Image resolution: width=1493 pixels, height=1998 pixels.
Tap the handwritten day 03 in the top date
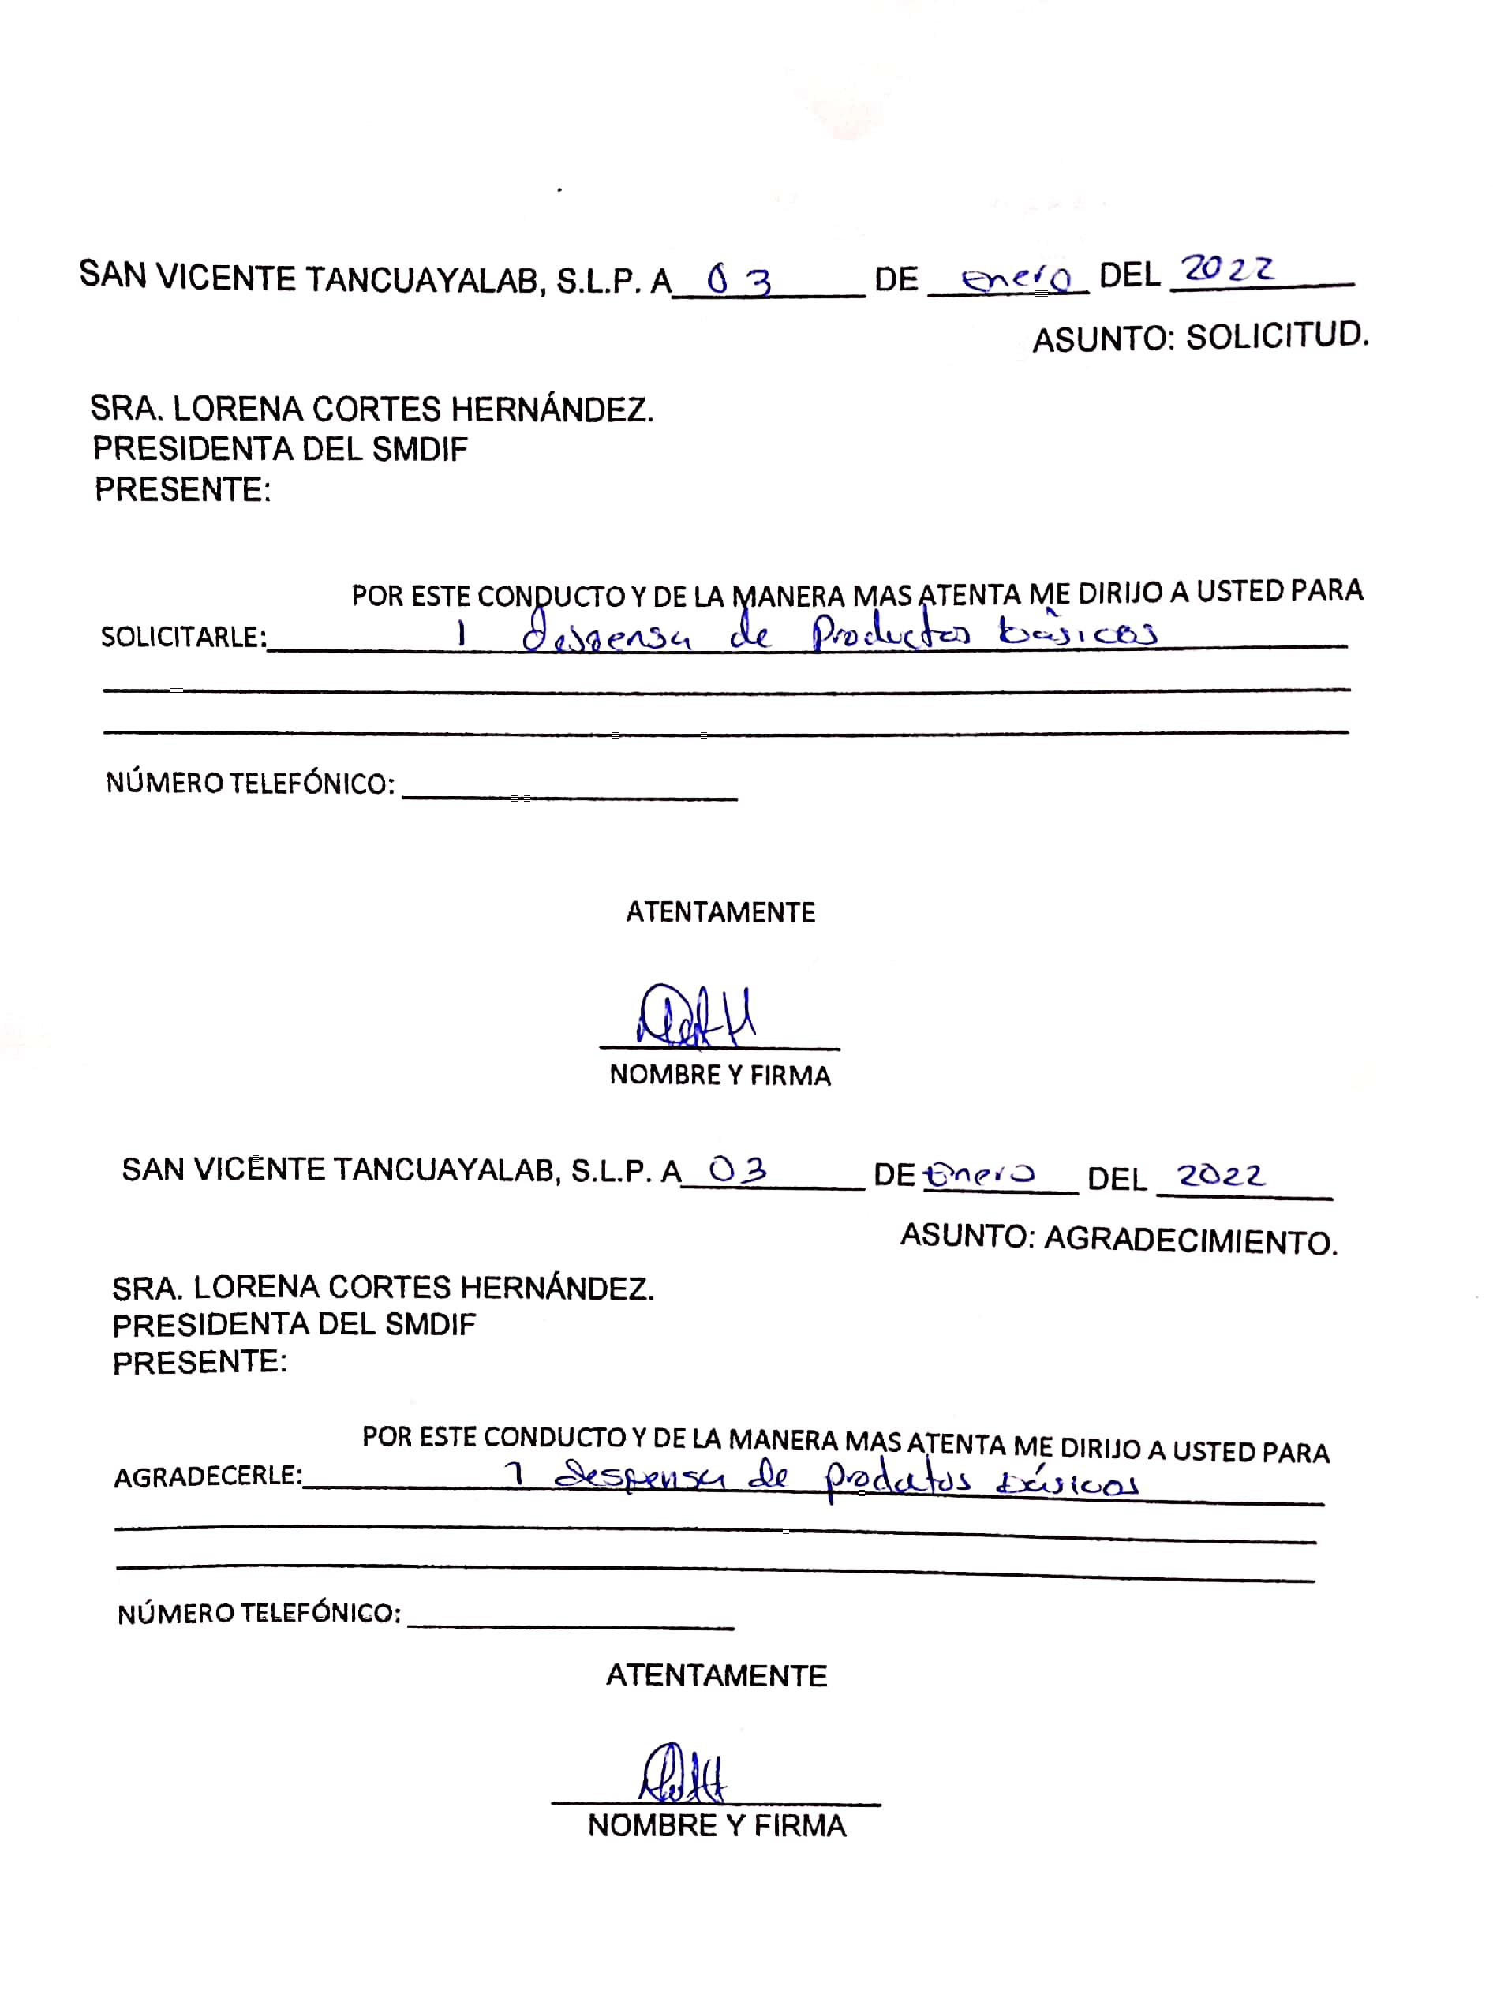point(738,281)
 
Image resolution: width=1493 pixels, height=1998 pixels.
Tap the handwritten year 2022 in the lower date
point(1220,1175)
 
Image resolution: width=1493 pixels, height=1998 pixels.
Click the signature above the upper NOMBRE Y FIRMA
point(696,1016)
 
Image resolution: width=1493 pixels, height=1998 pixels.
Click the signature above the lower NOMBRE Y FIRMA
point(683,1774)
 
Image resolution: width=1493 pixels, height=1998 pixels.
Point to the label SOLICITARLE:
point(183,638)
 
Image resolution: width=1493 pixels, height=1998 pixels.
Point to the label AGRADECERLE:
point(208,1477)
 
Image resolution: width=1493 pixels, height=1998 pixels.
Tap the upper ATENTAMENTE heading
point(720,912)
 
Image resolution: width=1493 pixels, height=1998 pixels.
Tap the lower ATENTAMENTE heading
point(716,1675)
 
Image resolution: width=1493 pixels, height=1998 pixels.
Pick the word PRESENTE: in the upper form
point(182,489)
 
